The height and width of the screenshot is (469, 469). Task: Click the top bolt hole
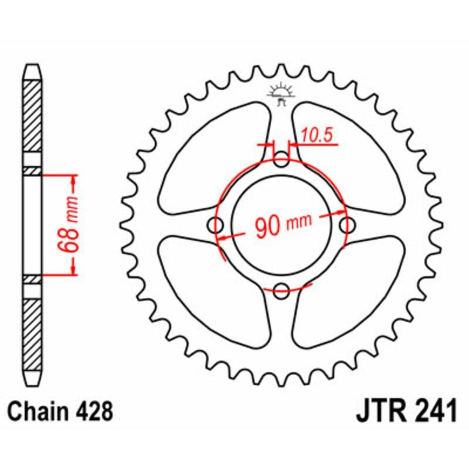tap(283, 159)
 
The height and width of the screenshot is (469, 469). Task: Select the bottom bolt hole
tap(283, 288)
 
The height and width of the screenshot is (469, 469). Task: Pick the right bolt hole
tap(347, 224)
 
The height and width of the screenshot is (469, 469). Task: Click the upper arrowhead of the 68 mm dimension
tap(73, 179)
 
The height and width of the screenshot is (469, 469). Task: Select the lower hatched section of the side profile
tap(33, 331)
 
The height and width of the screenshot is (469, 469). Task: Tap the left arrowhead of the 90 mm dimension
tap(223, 238)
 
